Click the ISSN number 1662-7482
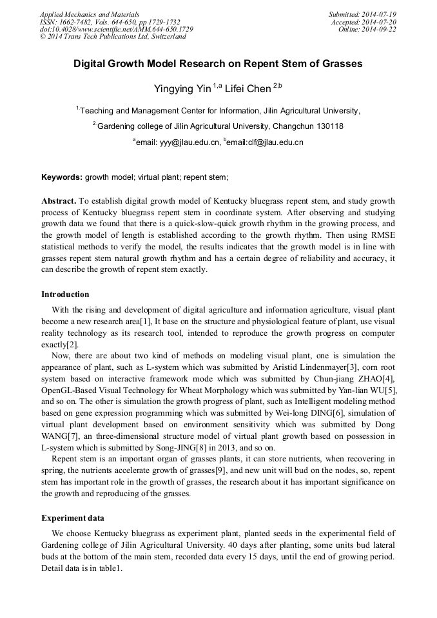(77, 22)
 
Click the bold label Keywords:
(62, 177)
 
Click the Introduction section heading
(65, 295)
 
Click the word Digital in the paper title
(95, 64)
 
